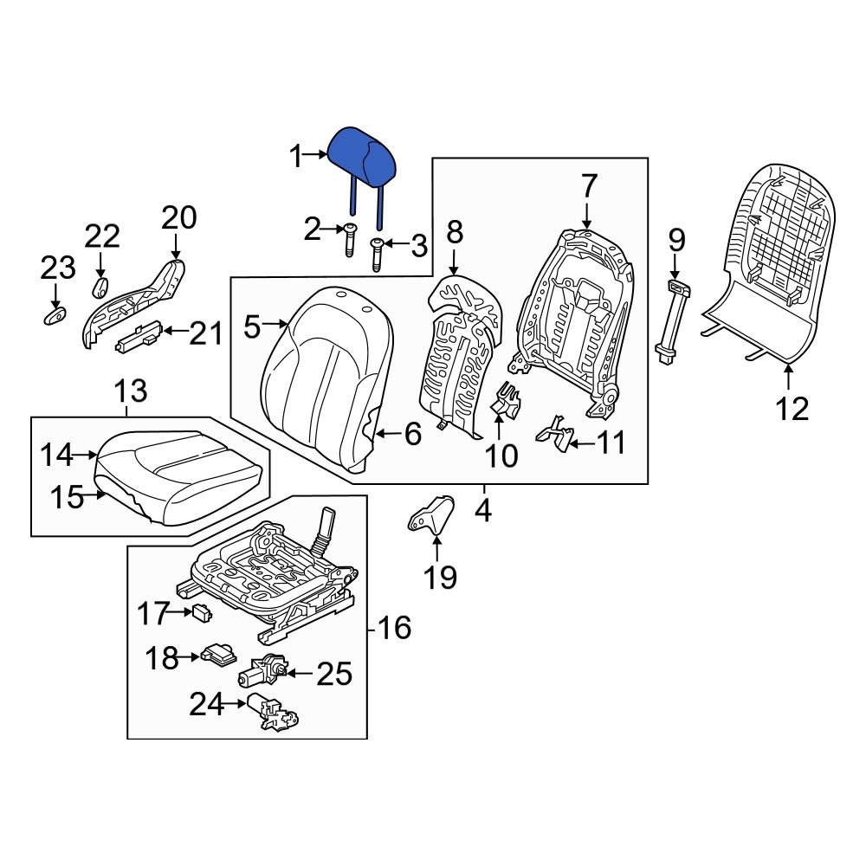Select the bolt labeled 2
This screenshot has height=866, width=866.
click(349, 238)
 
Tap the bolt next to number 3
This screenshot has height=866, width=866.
click(378, 254)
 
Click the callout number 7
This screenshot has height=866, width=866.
click(588, 186)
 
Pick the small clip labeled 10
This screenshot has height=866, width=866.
click(506, 401)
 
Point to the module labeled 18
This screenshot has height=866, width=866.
click(217, 659)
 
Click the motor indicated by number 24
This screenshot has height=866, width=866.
click(271, 712)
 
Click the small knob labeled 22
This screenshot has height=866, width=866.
click(100, 287)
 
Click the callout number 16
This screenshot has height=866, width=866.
click(394, 628)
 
